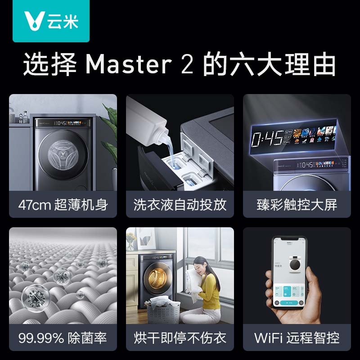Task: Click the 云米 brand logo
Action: [51, 21]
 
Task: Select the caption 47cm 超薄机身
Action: [63, 205]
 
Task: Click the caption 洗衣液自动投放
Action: [180, 205]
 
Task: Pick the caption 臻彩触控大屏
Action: [297, 205]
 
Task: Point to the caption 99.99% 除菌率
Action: [63, 337]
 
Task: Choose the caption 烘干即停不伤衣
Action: [180, 337]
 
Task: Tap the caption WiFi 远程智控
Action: [297, 337]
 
